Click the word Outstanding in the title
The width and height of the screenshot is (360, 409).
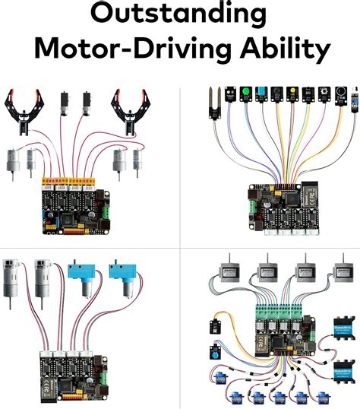pos(180,15)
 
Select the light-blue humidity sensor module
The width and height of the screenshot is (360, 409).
pos(261,96)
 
